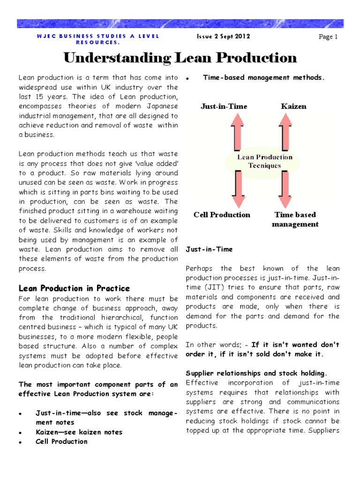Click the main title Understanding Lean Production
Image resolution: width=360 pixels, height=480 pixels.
pos(180,58)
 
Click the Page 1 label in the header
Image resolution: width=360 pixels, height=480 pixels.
pos(328,37)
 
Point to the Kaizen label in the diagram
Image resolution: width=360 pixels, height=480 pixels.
pos(293,106)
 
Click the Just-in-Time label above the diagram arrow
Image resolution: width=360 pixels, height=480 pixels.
pos(224,106)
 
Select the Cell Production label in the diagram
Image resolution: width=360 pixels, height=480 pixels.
pos(222,215)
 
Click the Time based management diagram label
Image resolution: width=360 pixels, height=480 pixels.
pos(295,219)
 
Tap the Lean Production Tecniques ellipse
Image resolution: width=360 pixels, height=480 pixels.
pos(265,161)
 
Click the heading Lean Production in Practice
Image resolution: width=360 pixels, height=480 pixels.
pos(74,288)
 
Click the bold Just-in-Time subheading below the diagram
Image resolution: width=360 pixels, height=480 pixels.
pos(209,249)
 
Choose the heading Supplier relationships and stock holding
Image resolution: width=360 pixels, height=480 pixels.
pos(256,373)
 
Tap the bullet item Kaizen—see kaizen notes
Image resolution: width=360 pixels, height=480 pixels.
pos(79,432)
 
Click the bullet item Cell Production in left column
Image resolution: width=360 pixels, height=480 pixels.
pos(61,441)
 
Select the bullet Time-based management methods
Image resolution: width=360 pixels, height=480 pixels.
pos(263,78)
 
